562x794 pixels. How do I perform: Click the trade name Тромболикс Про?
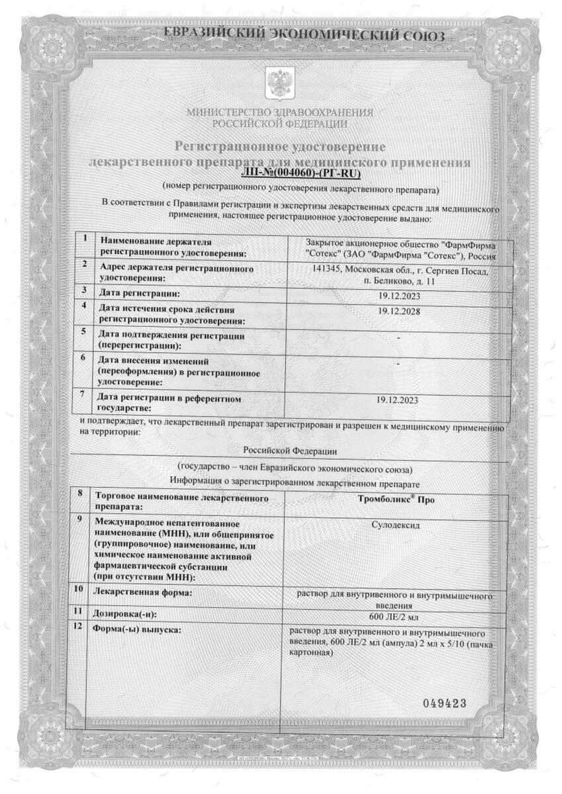(x=396, y=500)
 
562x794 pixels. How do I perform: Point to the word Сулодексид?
(x=397, y=527)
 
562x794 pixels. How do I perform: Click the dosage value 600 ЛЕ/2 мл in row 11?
(x=397, y=617)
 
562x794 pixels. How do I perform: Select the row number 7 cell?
(x=83, y=395)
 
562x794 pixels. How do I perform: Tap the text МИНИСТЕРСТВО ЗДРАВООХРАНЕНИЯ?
(x=280, y=112)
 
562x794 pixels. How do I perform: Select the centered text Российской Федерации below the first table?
(x=280, y=451)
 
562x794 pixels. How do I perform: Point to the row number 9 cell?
(x=80, y=520)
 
